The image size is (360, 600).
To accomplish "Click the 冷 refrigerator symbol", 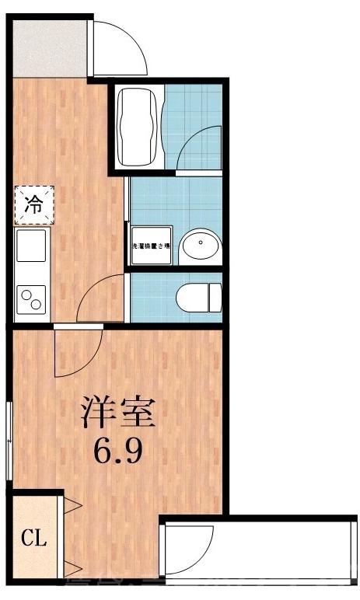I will coord(33,204).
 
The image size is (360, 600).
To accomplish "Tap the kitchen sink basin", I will coord(32,248).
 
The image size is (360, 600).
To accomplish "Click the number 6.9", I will coord(118,451).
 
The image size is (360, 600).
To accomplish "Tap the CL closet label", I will coord(32,537).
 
